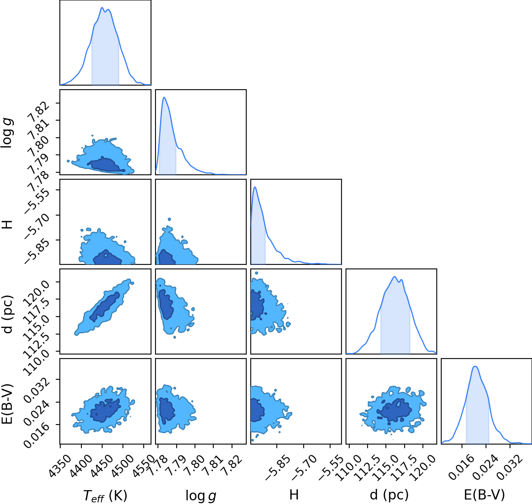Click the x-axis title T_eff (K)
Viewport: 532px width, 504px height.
coord(105,495)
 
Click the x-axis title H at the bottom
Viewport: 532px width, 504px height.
coord(294,495)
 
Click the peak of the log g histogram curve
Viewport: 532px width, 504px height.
coord(164,97)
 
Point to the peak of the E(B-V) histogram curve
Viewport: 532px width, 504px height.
coord(475,366)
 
